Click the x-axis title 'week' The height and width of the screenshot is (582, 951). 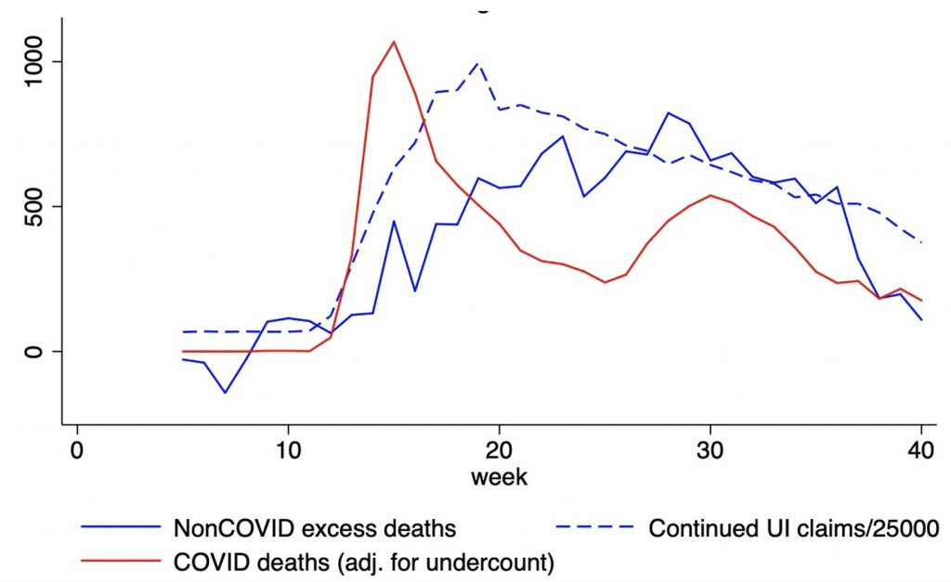[x=499, y=478]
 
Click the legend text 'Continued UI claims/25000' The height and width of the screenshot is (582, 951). [x=795, y=529]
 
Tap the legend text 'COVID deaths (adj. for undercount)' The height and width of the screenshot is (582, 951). [x=364, y=562]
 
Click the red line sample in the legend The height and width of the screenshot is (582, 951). [x=121, y=562]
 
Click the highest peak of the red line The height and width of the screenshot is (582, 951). [x=394, y=42]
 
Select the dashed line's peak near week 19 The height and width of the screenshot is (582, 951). [x=478, y=63]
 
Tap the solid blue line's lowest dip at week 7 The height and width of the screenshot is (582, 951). [x=225, y=393]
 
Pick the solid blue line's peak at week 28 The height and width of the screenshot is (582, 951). [x=668, y=112]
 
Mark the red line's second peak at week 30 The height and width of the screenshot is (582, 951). [x=710, y=195]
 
